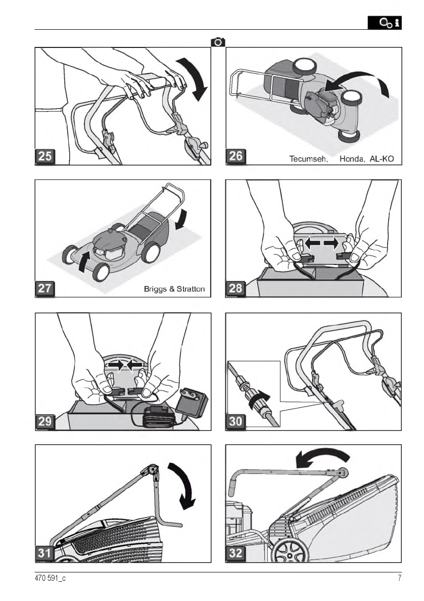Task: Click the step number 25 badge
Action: (x=45, y=156)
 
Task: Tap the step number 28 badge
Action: (x=235, y=288)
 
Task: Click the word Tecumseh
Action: (x=308, y=158)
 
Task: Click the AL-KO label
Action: (x=382, y=158)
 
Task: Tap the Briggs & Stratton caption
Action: (x=174, y=289)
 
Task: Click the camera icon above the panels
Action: (x=218, y=42)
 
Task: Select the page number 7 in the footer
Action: (x=399, y=578)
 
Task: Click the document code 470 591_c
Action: (x=50, y=578)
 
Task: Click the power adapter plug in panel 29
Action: (x=193, y=403)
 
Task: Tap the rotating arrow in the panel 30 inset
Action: (x=259, y=398)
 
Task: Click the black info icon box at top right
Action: (x=385, y=23)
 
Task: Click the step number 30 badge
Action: (x=235, y=422)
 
